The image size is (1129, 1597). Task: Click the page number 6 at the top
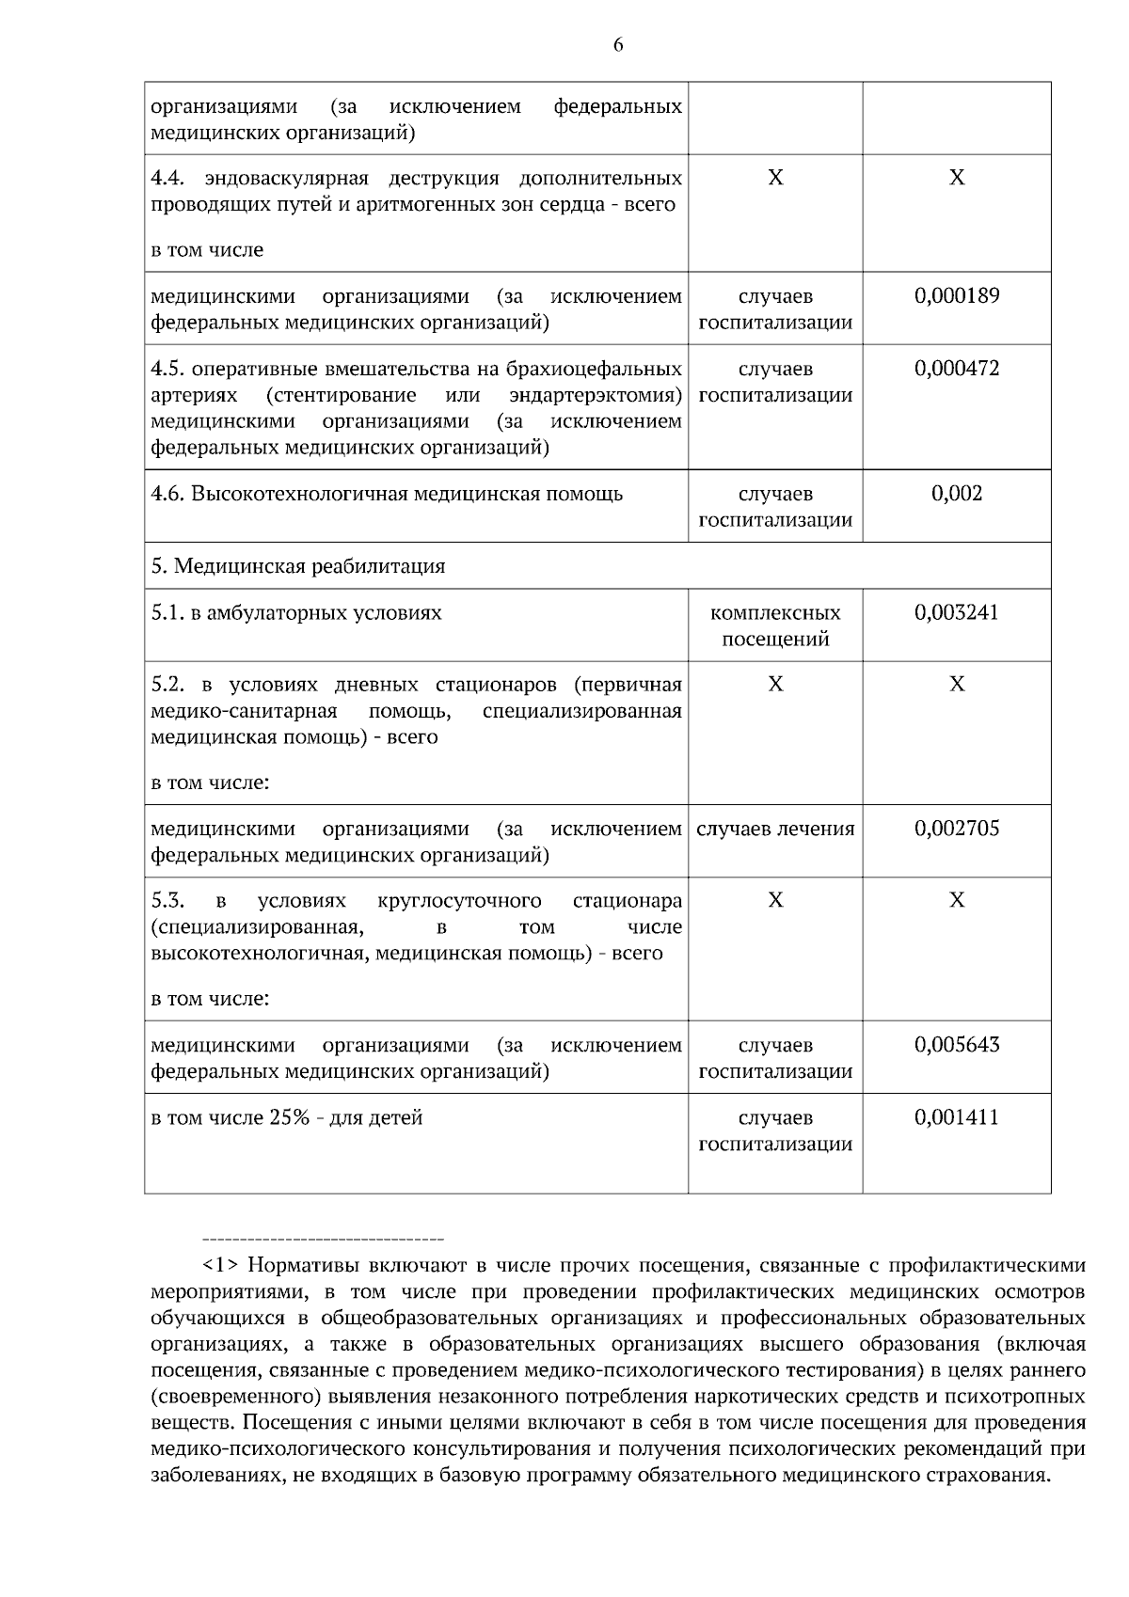618,44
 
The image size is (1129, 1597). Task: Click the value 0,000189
957,296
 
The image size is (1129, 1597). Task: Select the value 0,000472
957,369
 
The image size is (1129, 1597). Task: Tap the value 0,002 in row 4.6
957,494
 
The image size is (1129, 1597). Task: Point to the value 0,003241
957,613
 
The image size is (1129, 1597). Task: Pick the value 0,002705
957,830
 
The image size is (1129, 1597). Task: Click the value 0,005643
957,1046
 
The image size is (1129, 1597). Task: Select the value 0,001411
957,1118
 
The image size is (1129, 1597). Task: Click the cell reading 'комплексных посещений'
775,626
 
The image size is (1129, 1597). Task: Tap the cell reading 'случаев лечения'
775,830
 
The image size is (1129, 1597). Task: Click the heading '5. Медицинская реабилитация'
298,566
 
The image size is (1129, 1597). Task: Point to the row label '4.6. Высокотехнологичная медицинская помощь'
387,494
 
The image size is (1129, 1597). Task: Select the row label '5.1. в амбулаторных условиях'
296,613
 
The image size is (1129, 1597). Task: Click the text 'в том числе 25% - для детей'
287,1118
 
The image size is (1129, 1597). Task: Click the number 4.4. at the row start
168,179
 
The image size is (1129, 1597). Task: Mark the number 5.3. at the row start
167,901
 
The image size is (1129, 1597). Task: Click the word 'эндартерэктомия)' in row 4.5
595,395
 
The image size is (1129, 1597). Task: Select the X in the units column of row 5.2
775,685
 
